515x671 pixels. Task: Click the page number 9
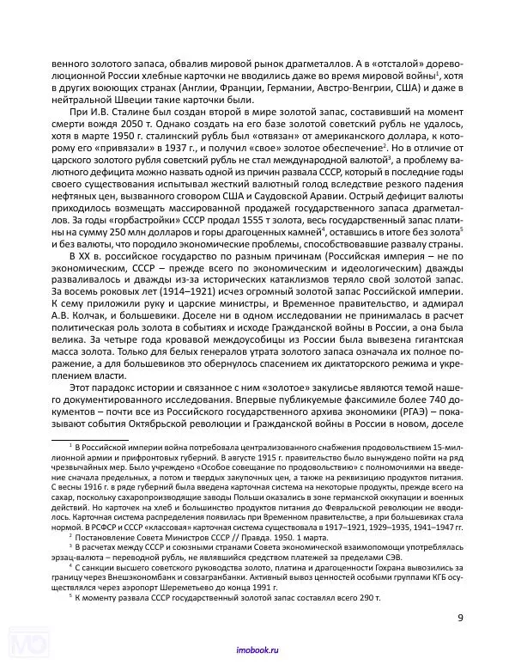460,617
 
